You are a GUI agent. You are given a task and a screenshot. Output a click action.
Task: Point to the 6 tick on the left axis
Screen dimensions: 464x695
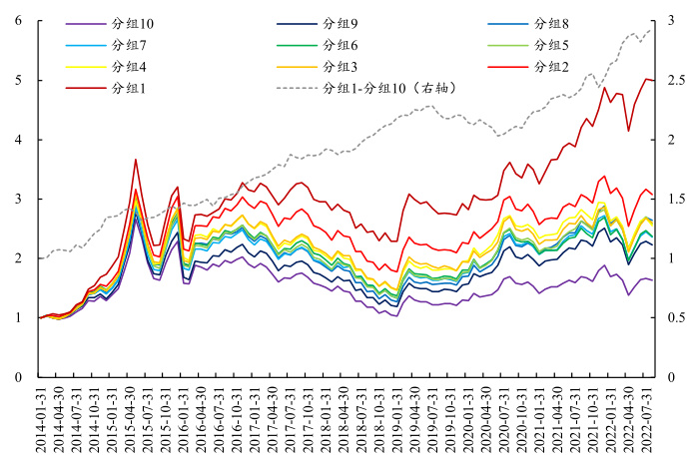click(x=18, y=21)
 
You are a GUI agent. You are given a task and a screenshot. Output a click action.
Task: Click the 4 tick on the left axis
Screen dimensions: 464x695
click(x=18, y=140)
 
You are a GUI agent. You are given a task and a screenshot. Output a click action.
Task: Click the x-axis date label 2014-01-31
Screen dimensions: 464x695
click(x=41, y=420)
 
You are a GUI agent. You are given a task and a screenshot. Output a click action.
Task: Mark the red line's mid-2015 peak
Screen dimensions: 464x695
click(x=135, y=159)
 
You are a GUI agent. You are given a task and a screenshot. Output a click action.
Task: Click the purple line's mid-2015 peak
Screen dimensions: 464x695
click(x=136, y=218)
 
